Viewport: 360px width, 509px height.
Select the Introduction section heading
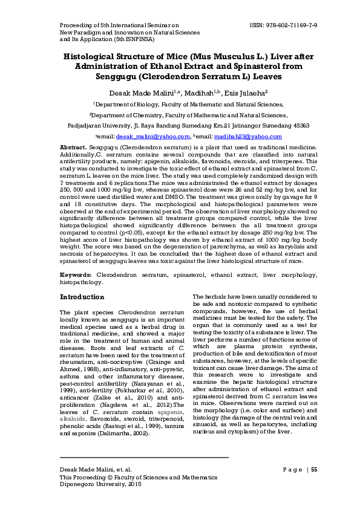82,297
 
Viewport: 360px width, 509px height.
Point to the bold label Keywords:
76,275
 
